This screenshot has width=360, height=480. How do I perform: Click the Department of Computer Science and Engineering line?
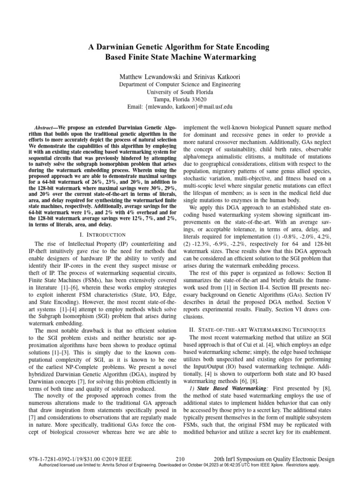pos(180,85)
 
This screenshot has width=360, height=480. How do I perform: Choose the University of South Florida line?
pos(180,92)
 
